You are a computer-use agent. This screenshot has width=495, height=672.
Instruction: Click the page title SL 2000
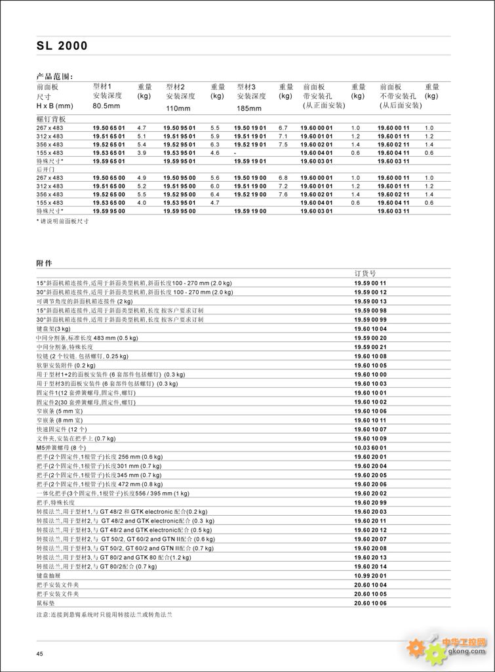[62, 46]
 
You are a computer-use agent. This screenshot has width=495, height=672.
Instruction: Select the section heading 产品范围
[54, 76]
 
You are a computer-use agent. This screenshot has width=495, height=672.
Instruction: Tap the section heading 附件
[44, 262]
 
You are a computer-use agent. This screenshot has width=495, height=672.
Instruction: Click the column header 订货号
[365, 273]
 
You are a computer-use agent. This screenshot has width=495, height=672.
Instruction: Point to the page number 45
[39, 654]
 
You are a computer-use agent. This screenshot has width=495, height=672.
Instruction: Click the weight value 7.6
[283, 194]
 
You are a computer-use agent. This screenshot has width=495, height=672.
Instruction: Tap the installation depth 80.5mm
[106, 106]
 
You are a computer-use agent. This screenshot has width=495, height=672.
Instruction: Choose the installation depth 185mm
[249, 108]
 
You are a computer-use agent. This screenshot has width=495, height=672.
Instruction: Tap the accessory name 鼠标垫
[47, 602]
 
